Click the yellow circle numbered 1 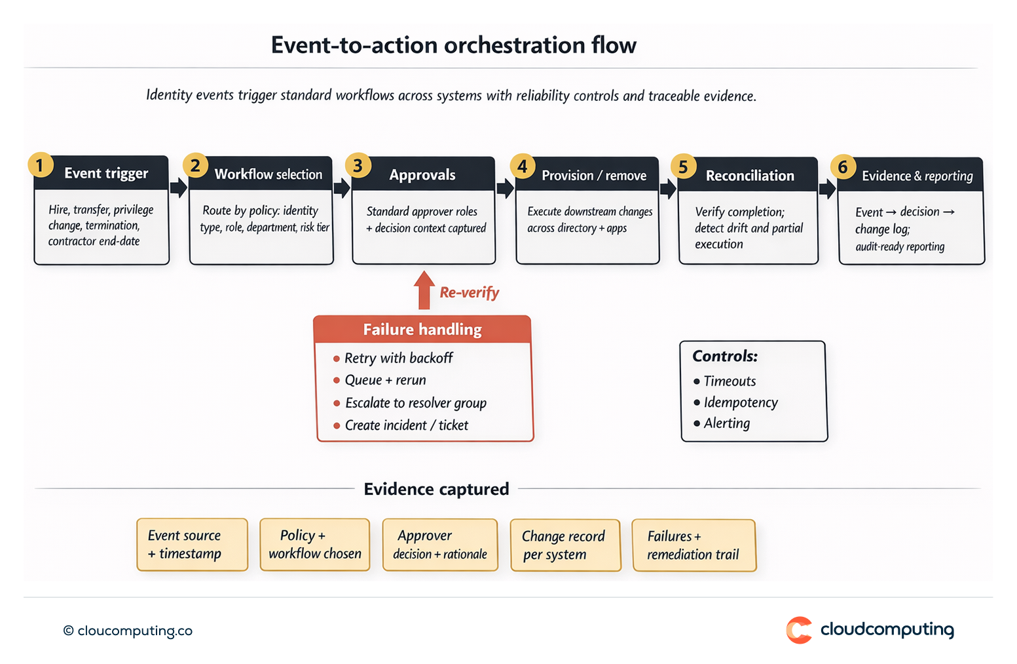[x=40, y=165]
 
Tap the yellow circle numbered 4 [x=522, y=166]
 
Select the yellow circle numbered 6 [x=843, y=167]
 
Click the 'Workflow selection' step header [x=268, y=174]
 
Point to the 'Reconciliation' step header [x=750, y=176]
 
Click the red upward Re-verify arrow [x=424, y=290]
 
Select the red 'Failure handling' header [x=422, y=329]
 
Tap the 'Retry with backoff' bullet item [x=398, y=358]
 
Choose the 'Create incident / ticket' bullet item [x=406, y=425]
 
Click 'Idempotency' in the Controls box [x=740, y=402]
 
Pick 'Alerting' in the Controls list [x=726, y=423]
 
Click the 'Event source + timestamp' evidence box [x=192, y=545]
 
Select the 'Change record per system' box [x=564, y=545]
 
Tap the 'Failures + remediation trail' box [x=693, y=545]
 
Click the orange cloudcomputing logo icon [x=799, y=630]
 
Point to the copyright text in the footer [x=128, y=631]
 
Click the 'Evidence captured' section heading [x=436, y=489]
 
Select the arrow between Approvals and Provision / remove [x=505, y=189]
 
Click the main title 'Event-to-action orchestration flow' [x=453, y=45]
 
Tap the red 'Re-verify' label [x=469, y=292]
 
